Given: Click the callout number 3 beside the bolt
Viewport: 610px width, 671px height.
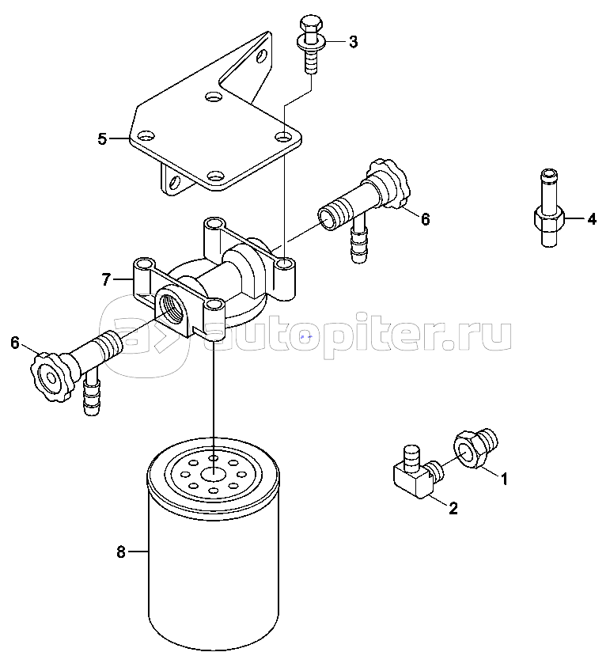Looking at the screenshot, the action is pos(353,42).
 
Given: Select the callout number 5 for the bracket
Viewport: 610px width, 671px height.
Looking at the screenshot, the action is pos(102,139).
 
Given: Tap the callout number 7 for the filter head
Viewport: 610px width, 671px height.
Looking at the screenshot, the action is pos(107,279).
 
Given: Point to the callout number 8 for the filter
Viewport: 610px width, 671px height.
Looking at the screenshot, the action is pos(121,552).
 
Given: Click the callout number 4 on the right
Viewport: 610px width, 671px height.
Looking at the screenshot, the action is pos(592,219).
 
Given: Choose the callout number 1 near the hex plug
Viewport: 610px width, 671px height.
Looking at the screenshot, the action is pos(504,479).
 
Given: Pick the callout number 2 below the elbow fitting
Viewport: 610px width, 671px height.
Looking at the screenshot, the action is pos(453,508).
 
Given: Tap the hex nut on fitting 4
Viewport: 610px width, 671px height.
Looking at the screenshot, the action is pos(550,219).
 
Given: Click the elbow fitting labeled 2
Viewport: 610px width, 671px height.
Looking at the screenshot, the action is pos(417,473).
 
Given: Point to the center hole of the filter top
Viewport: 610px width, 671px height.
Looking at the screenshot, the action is pos(214,474).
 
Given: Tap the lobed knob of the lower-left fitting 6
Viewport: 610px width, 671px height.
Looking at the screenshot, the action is pos(50,377).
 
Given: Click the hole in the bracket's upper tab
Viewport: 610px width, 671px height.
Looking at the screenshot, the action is pos(263,55).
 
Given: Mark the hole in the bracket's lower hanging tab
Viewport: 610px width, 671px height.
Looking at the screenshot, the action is pos(175,182).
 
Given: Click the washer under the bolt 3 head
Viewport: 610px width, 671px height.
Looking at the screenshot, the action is pos(311,41).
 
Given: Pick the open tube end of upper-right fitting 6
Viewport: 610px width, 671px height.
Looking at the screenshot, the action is pos(328,218).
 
